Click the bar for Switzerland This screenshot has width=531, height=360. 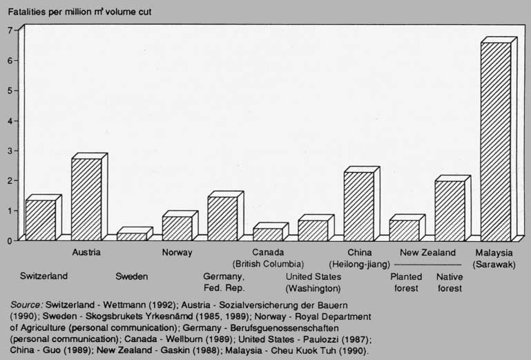click(41, 220)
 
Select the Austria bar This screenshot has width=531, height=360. click(86, 199)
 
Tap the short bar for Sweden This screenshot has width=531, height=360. click(131, 236)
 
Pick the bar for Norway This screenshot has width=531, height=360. click(177, 228)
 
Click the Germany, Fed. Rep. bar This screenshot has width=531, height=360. click(222, 218)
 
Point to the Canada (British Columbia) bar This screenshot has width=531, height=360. click(268, 234)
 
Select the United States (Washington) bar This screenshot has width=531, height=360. click(313, 230)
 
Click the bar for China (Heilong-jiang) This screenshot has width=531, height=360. click(359, 206)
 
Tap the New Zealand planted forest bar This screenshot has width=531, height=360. click(404, 230)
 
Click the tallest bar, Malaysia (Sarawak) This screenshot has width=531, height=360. click(495, 141)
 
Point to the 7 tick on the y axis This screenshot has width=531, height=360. click(9, 30)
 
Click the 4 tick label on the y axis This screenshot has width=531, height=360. click(9, 120)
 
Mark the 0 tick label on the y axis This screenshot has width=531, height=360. click(9, 240)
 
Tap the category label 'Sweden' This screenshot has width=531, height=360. click(131, 277)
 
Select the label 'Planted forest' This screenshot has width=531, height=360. click(406, 283)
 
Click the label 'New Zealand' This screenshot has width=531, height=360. click(428, 253)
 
